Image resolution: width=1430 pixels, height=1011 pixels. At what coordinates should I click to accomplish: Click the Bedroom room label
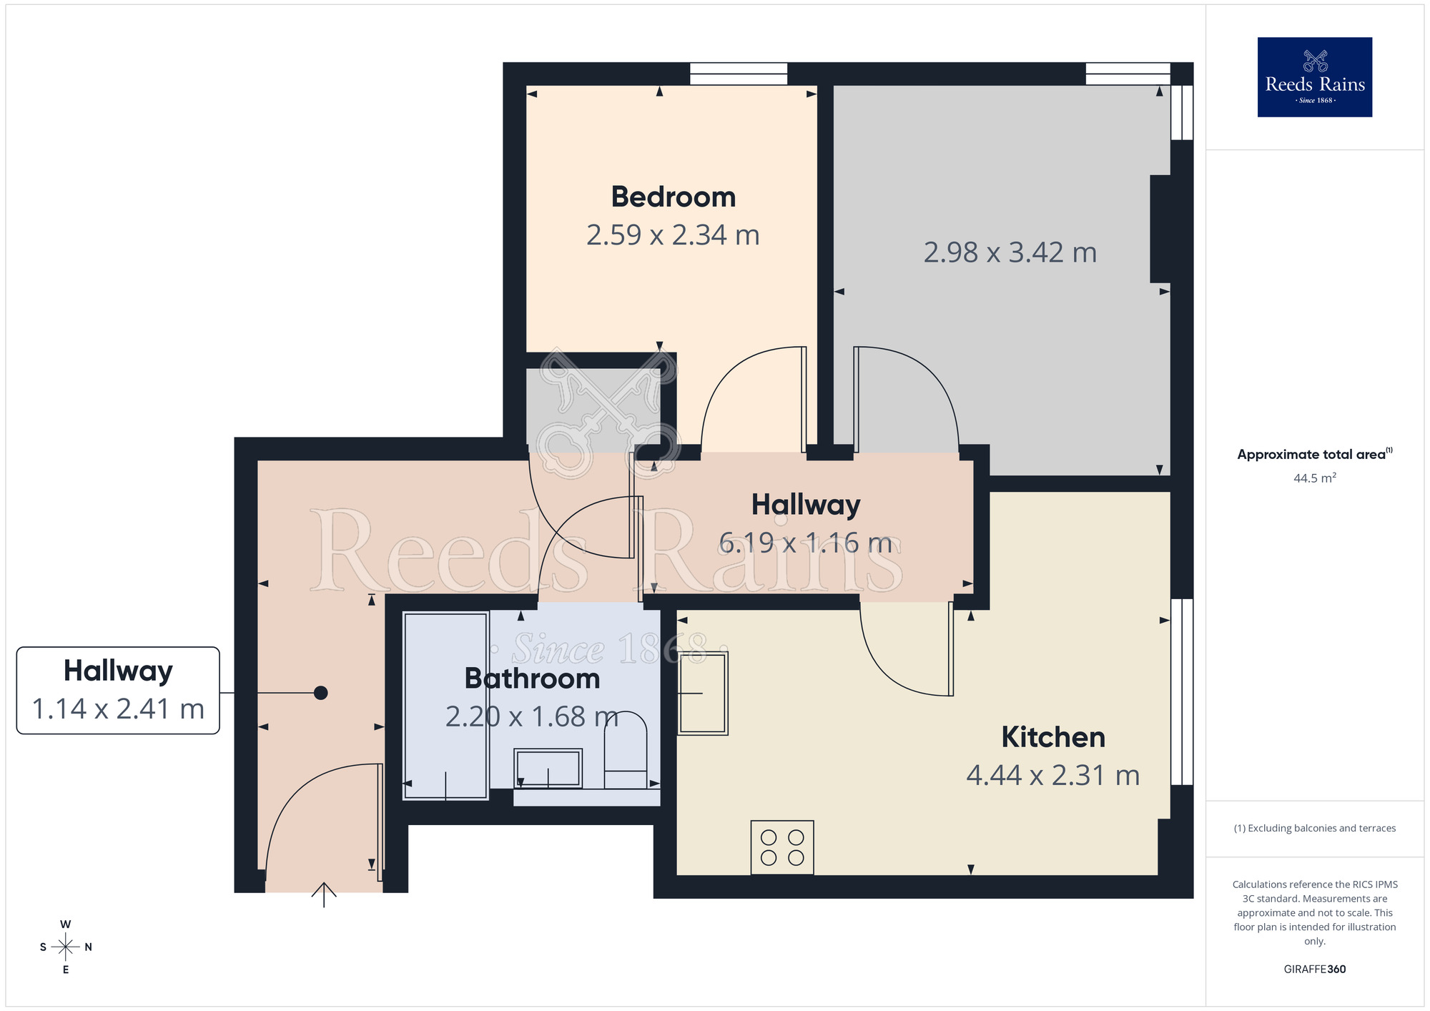[673, 197]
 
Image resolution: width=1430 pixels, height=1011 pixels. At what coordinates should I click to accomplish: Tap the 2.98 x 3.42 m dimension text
[1010, 252]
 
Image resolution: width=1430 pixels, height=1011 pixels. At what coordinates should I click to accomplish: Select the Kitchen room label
[1052, 737]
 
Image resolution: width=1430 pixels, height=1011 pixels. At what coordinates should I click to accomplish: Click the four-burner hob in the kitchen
[782, 847]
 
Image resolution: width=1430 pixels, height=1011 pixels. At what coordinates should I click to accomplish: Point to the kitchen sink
[703, 693]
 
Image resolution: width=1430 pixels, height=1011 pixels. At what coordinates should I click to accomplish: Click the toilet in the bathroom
[626, 751]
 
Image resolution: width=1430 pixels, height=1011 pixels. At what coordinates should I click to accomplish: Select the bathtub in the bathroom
[445, 706]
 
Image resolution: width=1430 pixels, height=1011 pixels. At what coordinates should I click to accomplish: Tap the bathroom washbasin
[548, 769]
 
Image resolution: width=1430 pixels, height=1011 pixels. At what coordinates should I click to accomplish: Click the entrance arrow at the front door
[324, 894]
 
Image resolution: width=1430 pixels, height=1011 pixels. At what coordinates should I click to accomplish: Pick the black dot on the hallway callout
[321, 693]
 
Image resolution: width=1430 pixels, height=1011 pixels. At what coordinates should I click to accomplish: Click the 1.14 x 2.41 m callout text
[118, 709]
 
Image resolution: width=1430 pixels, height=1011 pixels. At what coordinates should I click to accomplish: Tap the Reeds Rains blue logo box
[1314, 77]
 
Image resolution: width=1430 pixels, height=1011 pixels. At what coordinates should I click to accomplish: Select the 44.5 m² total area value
[1314, 478]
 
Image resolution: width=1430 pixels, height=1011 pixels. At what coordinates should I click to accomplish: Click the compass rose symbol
[66, 947]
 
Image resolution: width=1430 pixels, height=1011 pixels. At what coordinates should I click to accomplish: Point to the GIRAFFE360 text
[1314, 970]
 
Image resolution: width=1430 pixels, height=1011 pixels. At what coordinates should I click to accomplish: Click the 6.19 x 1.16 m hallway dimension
[805, 543]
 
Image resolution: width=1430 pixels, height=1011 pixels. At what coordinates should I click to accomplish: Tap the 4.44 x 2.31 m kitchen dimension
[1052, 776]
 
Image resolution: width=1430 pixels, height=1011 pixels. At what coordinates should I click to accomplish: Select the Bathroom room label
[532, 679]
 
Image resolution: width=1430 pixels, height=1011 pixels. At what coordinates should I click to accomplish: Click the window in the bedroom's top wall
[739, 74]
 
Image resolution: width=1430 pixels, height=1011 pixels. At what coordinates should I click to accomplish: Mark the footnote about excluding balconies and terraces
[1314, 828]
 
